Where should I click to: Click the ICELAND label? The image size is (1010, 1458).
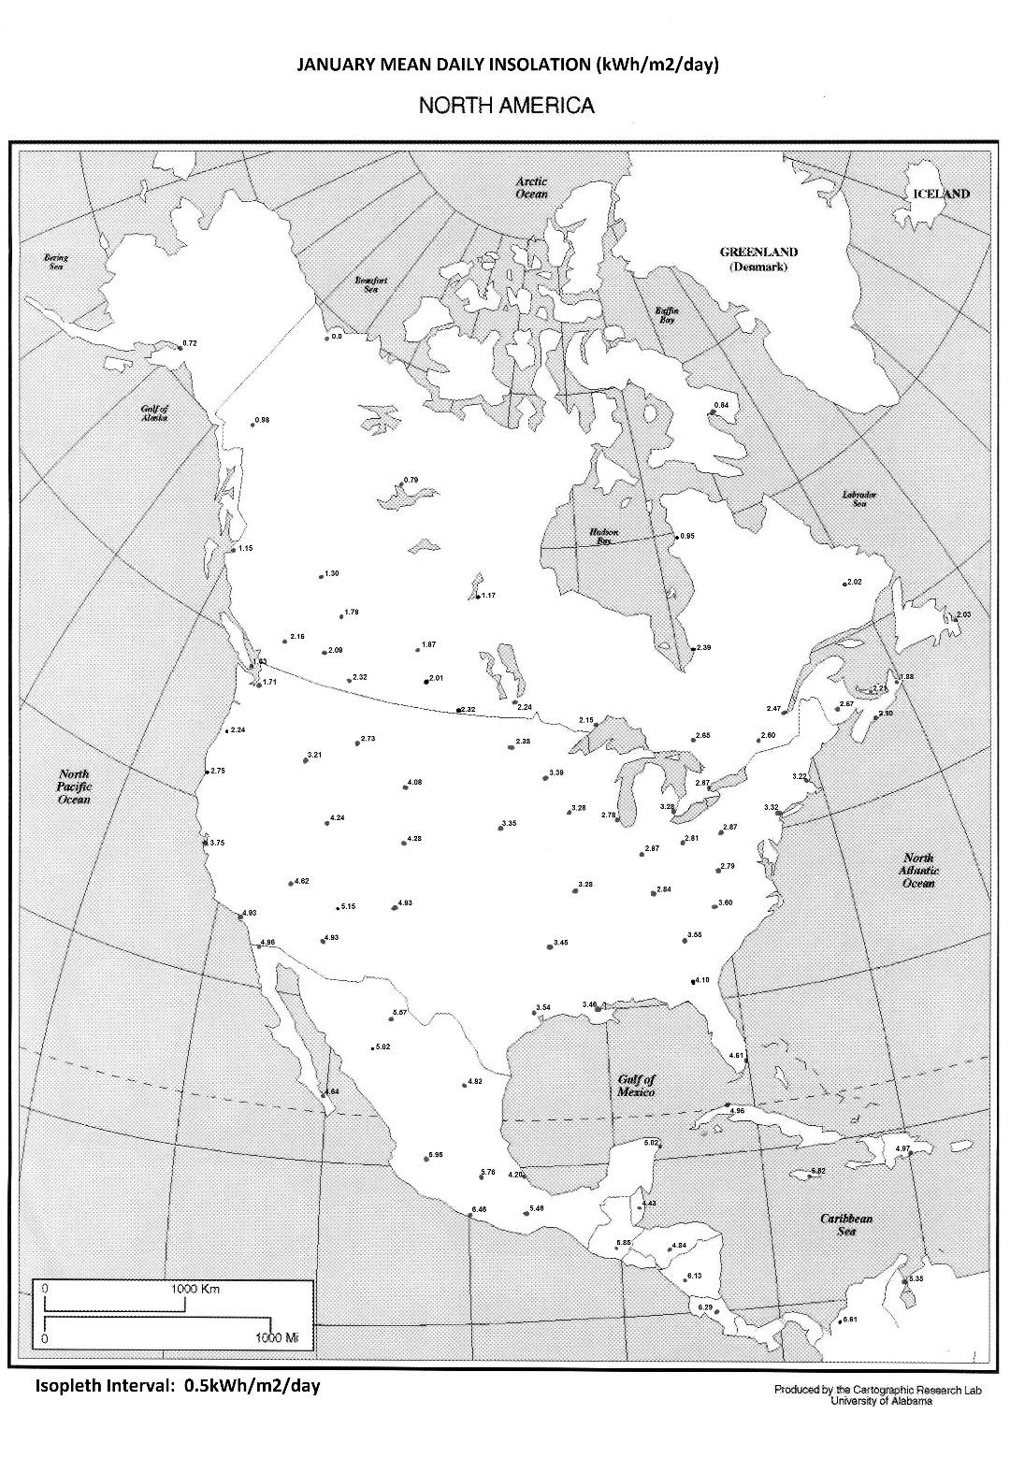point(941,194)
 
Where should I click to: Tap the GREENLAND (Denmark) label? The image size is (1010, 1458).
point(758,259)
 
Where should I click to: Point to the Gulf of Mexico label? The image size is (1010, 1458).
point(636,1086)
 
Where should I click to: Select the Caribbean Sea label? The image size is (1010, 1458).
point(846,1224)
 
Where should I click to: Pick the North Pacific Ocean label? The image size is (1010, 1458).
point(74,787)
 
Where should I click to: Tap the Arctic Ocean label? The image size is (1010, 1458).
point(531,187)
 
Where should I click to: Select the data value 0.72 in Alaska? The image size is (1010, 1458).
point(190,343)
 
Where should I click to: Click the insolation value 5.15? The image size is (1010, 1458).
point(348,905)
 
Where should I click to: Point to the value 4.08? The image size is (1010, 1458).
point(414,782)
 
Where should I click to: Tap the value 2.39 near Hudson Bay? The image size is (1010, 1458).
point(704,647)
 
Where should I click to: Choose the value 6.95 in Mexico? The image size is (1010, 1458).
point(436,1154)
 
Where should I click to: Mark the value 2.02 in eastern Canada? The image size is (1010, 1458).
point(854,582)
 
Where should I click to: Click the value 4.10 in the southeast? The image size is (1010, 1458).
point(702,979)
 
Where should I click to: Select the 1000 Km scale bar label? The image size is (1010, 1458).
point(196,1289)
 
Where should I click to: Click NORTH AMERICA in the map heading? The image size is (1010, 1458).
point(506,105)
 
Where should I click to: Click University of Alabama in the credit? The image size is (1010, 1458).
point(880,1400)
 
